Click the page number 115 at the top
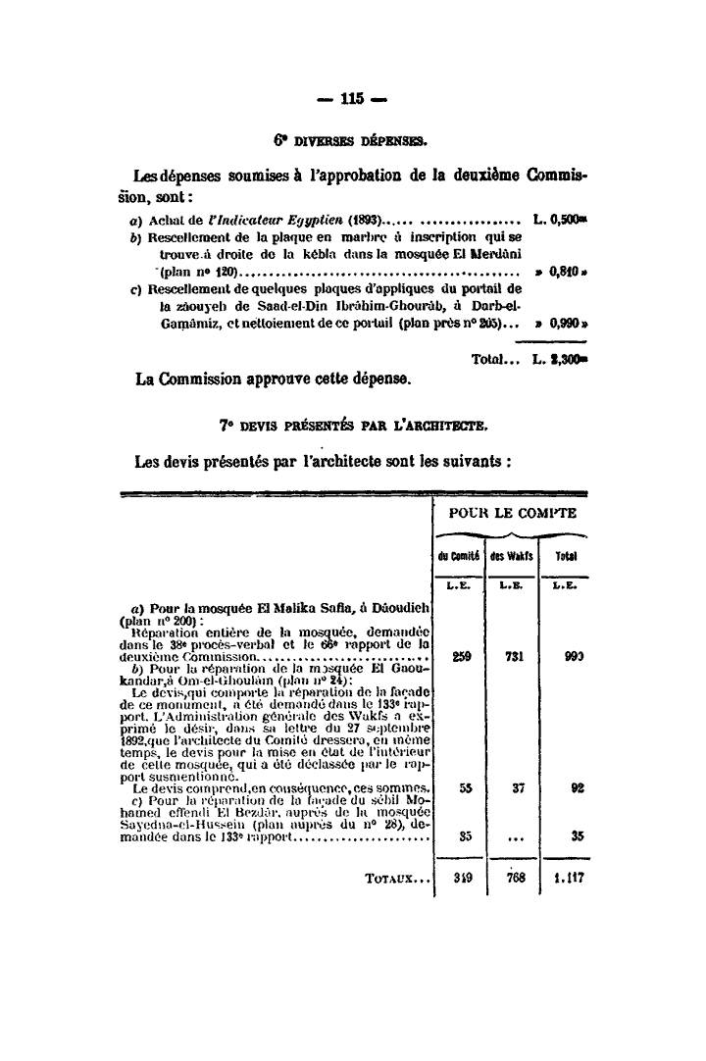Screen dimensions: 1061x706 click(352, 97)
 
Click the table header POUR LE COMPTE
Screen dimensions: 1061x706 click(512, 513)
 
